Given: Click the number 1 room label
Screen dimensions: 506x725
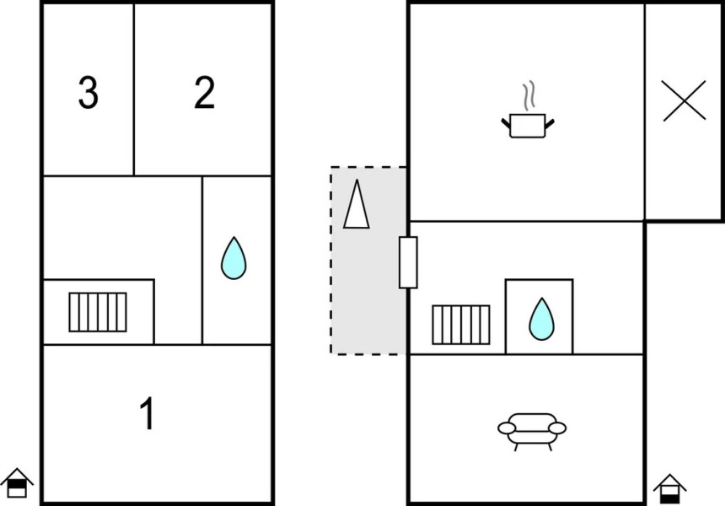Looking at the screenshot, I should coord(148,414).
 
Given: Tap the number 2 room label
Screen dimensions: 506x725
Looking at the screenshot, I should coord(204,93).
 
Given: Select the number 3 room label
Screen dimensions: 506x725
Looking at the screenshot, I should coord(88,93).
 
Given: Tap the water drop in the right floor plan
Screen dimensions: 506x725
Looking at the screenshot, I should coord(540,319).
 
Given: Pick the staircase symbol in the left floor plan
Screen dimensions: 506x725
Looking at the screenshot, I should coord(98,312).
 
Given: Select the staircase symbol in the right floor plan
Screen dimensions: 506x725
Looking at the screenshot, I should coord(461,325).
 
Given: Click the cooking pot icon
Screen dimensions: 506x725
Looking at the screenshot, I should coord(529,126).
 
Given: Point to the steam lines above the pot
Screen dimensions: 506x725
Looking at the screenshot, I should coord(529,96).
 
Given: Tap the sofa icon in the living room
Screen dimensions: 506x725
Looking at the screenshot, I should coord(532,429).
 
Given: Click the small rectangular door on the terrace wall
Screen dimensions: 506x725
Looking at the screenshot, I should coord(408,262).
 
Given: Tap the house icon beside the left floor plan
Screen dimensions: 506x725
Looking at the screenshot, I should coord(16,484).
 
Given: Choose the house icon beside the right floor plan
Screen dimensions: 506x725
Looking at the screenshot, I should coord(669,487).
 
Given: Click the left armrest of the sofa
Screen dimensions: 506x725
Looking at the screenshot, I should coord(507,428).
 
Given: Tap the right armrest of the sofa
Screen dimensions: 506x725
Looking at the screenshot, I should coord(557,428).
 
